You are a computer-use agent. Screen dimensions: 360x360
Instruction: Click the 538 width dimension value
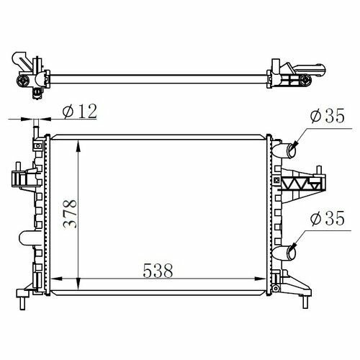coord(158,271)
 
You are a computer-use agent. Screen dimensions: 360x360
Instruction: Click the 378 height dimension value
coord(70,214)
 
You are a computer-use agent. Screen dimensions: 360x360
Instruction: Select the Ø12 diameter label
coord(80,111)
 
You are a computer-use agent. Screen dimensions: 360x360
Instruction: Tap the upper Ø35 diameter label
coord(328,115)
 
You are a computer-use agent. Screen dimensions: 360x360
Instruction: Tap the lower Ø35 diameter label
coord(328,218)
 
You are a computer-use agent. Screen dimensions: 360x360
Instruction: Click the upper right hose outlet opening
coord(292,150)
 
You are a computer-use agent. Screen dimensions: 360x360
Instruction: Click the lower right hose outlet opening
coord(292,252)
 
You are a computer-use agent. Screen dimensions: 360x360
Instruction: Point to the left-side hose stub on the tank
coord(27,238)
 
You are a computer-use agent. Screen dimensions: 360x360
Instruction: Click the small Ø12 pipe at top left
coord(36,128)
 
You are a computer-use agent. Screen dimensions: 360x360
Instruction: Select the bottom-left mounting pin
coord(22,303)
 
